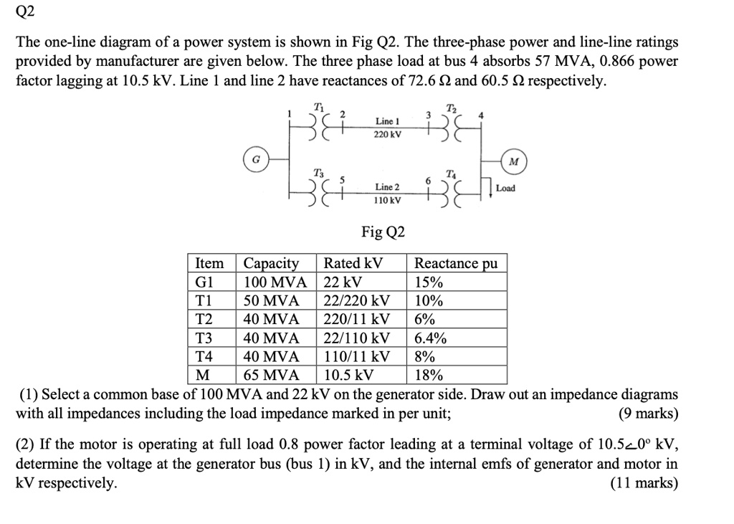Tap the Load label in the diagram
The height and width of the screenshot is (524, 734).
505,188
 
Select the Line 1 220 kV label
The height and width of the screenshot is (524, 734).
387,128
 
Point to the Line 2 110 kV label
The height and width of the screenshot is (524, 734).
387,193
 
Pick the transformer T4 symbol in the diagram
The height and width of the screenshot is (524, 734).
450,192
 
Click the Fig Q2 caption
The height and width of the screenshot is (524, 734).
383,232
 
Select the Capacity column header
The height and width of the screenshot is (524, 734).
272,263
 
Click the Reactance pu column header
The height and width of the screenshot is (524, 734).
456,263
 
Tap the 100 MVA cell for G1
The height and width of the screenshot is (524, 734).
275,282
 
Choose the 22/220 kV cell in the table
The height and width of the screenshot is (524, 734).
357,300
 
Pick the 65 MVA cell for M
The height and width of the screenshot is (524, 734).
272,375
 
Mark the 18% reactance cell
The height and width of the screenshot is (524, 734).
429,375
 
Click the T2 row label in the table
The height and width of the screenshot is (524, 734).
205,319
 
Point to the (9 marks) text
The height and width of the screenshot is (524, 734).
647,414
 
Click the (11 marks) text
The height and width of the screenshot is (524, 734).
644,482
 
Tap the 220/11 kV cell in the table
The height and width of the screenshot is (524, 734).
357,319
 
